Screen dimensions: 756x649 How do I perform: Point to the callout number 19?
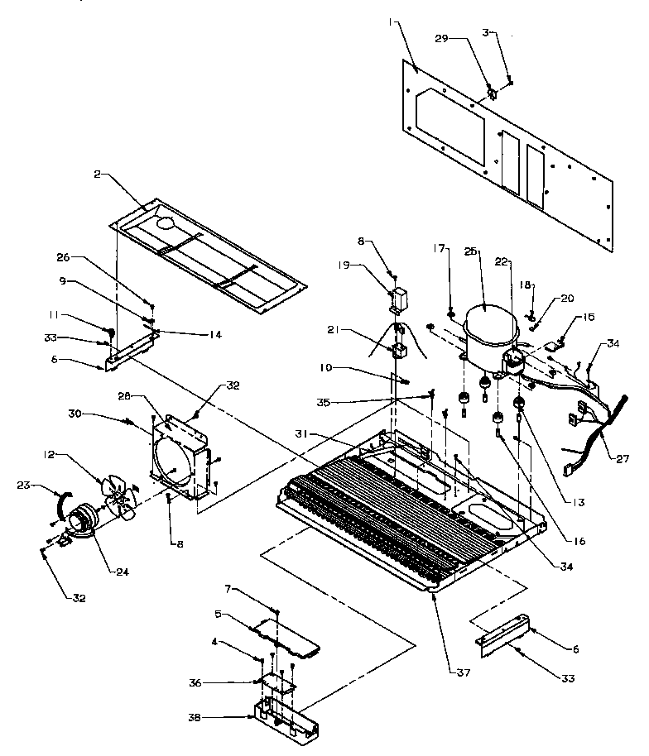(x=368, y=266)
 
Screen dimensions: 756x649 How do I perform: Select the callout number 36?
(x=218, y=682)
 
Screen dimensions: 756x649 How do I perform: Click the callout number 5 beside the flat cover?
(x=219, y=615)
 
